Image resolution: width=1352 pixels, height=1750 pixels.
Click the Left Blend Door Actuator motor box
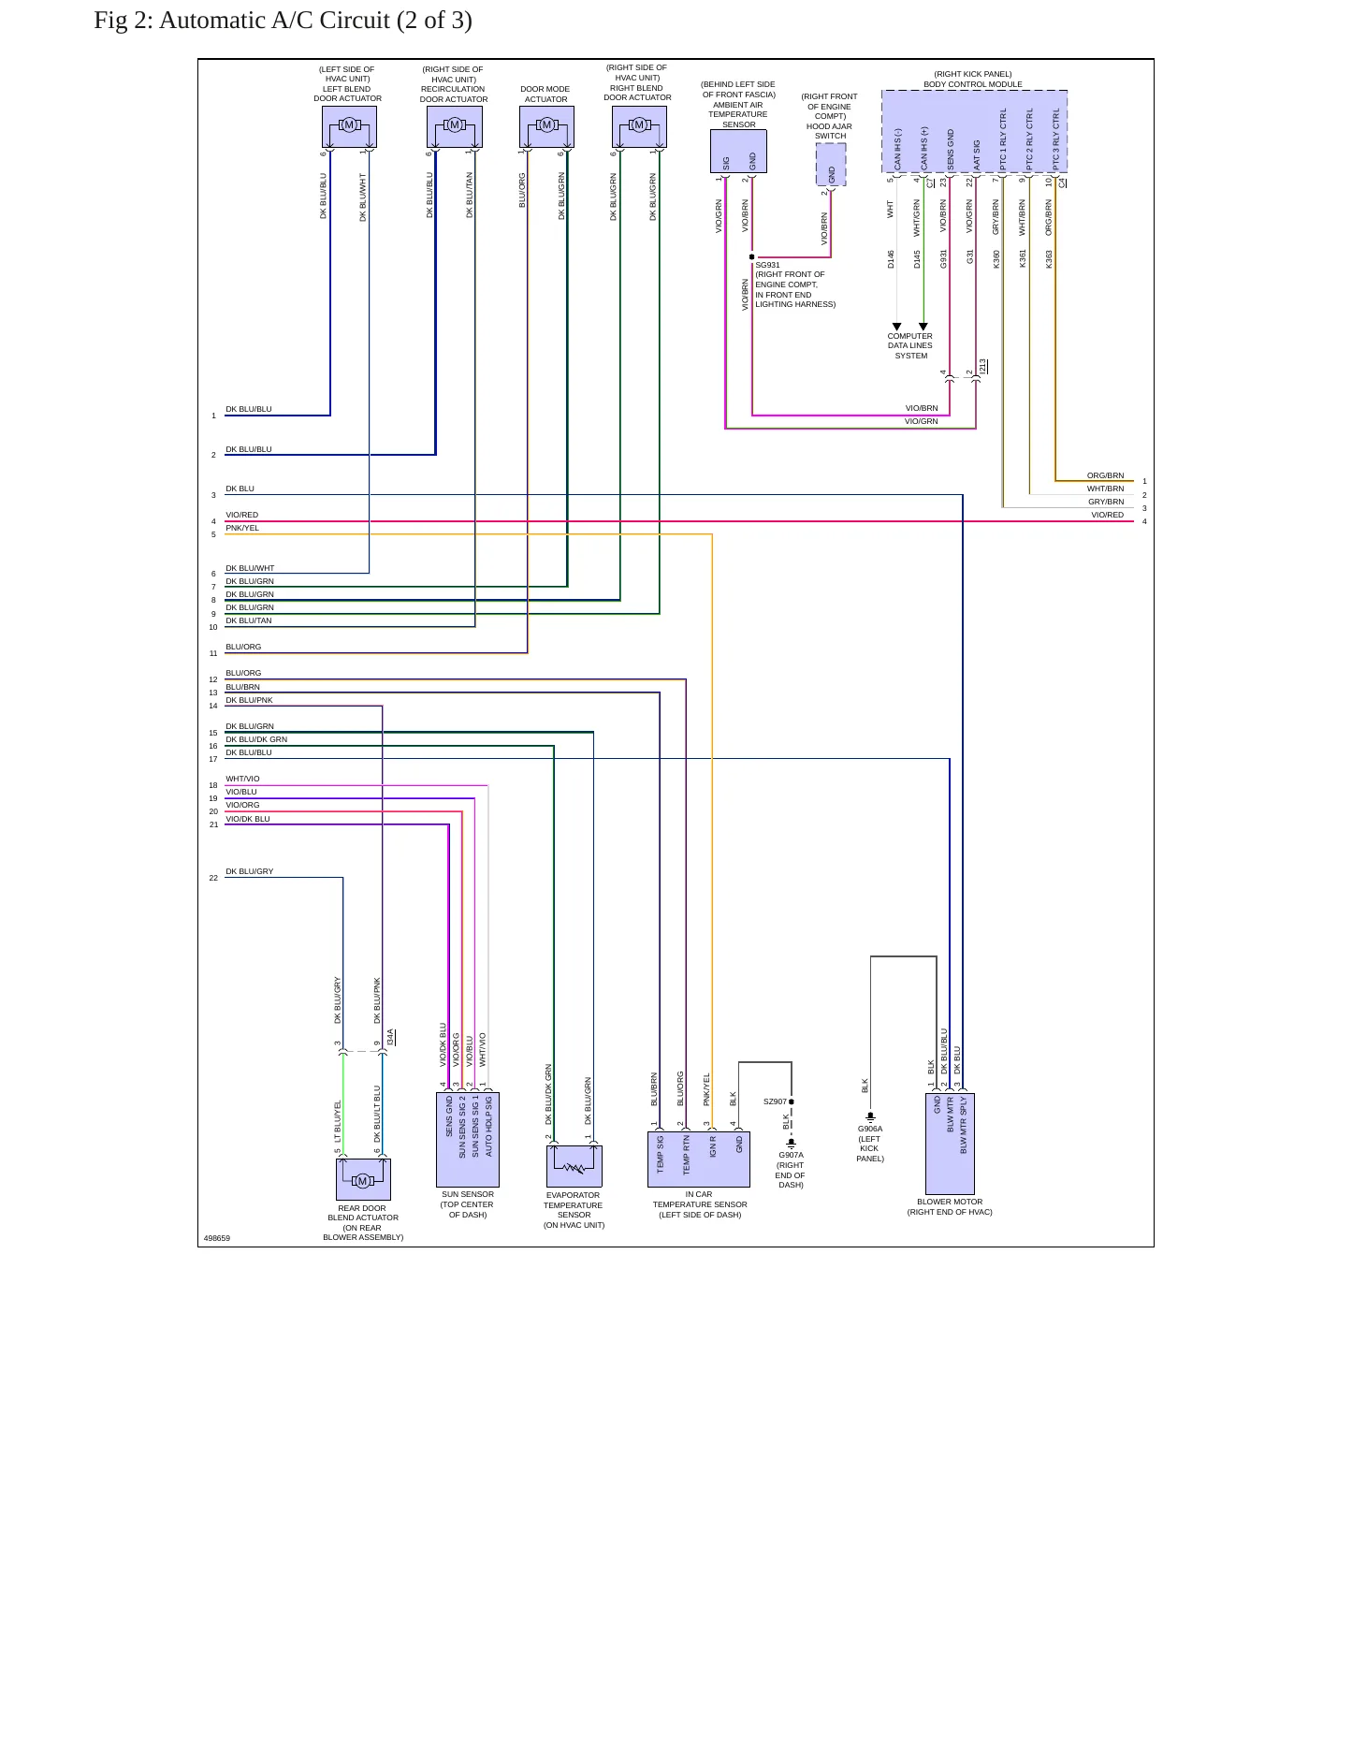pos(349,126)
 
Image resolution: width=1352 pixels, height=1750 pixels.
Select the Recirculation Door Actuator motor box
pos(455,126)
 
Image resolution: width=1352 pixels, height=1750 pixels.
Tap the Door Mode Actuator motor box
pos(546,126)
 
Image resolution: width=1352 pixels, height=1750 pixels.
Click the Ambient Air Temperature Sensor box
pos(738,151)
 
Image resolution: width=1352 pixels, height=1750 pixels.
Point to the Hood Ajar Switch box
pos(831,164)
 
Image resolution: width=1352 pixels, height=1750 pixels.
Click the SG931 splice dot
pos(752,256)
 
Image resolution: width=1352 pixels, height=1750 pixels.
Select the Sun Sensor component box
pos(468,1140)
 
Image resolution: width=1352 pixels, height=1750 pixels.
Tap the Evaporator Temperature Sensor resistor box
pos(574,1166)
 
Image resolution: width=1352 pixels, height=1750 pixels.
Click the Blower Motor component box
pos(950,1144)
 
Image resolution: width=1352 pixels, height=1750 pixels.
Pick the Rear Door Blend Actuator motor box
pos(363,1180)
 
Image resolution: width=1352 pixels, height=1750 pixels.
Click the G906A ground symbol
pos(870,1117)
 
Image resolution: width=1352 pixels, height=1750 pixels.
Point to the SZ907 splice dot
pos(792,1101)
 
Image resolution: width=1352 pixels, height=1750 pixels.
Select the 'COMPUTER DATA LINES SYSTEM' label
pos(910,345)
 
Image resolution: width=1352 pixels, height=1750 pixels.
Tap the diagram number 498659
pos(217,1238)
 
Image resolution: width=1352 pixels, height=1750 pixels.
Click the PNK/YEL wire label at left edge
pos(242,528)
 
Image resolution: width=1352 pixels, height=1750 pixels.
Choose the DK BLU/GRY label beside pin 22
pos(250,871)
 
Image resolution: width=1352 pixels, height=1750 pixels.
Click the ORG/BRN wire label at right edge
pos(1105,475)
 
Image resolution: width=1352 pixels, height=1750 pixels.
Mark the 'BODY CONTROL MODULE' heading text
pos(973,84)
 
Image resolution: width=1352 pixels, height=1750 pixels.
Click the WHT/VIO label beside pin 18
pos(242,779)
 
